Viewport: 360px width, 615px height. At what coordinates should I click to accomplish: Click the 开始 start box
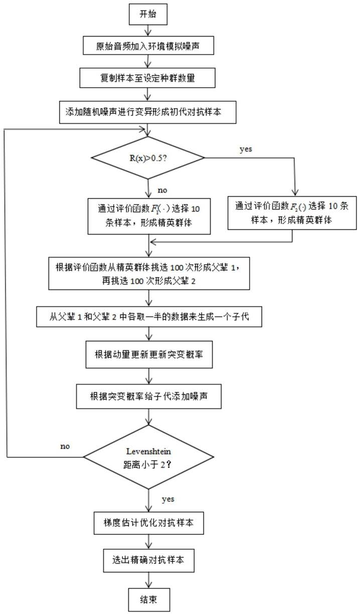pos(148,15)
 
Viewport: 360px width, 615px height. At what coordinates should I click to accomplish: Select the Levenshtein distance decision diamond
pos(148,457)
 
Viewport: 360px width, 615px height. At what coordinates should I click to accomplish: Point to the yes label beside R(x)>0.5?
pos(246,149)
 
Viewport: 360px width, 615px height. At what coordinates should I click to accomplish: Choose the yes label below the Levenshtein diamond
pos(168,500)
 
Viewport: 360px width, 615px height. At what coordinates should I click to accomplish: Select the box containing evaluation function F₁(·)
pos(149,217)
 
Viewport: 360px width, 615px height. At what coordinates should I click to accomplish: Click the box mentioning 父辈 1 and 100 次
pos(149,273)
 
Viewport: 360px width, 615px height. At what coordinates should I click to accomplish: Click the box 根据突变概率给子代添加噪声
pos(149,396)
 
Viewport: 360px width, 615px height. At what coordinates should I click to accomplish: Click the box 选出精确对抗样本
pos(149,560)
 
